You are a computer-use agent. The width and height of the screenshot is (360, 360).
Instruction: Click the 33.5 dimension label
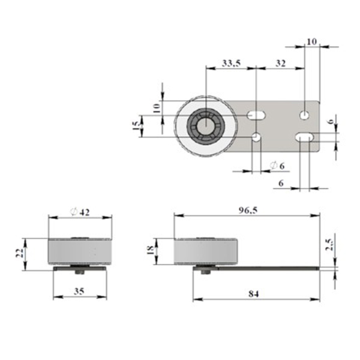[x=231, y=63]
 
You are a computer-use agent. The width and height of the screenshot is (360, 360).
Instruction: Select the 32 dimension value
[x=281, y=63]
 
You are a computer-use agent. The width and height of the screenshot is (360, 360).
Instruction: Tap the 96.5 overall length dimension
[x=248, y=211]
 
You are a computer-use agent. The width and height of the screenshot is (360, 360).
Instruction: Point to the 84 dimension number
[x=253, y=294]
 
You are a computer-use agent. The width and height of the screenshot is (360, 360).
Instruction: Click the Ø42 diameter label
[x=80, y=212]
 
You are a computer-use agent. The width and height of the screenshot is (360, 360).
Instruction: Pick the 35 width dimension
[x=79, y=292]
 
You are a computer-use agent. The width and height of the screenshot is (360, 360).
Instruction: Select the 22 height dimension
[x=20, y=253]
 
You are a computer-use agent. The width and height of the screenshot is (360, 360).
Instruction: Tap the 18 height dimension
[x=150, y=250]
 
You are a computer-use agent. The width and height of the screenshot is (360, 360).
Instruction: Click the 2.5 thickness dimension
[x=329, y=245]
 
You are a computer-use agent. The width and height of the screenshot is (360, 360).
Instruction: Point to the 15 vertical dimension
[x=136, y=126]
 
